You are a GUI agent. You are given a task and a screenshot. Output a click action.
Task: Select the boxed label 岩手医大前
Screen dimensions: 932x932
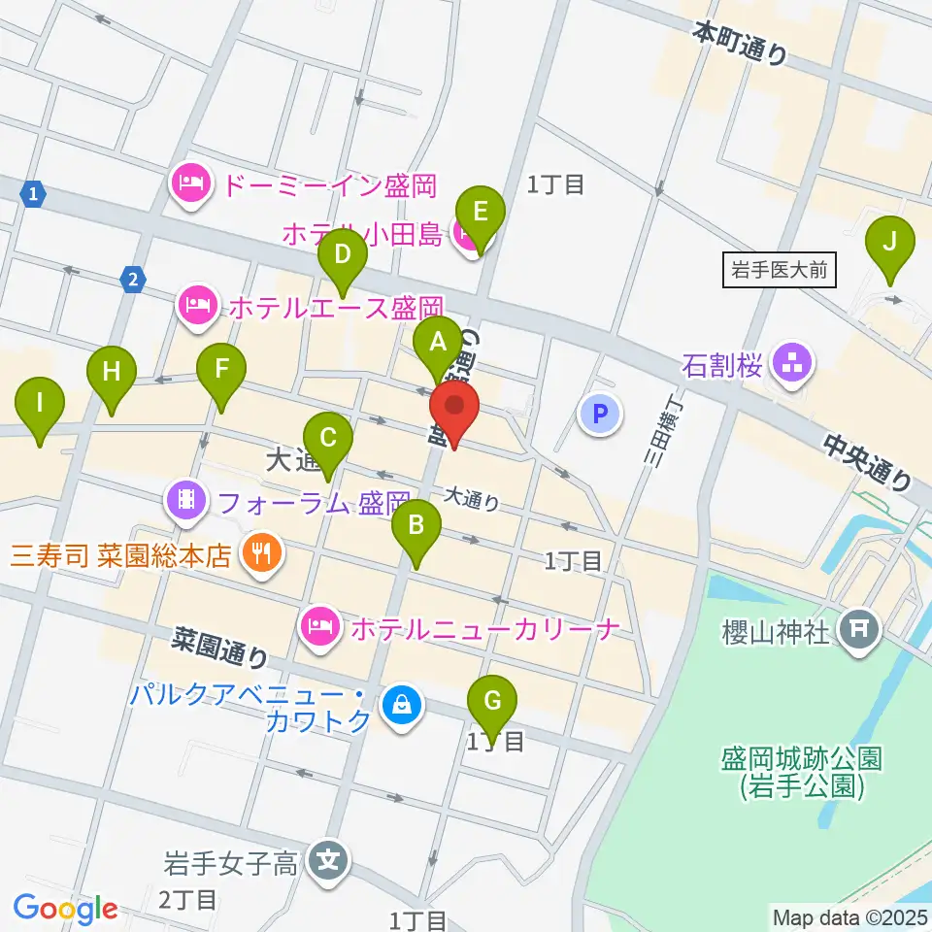(780, 270)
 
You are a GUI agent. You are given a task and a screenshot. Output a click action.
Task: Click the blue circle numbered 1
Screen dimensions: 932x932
(35, 193)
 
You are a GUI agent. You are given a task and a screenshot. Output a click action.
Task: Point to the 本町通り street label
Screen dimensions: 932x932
(740, 44)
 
